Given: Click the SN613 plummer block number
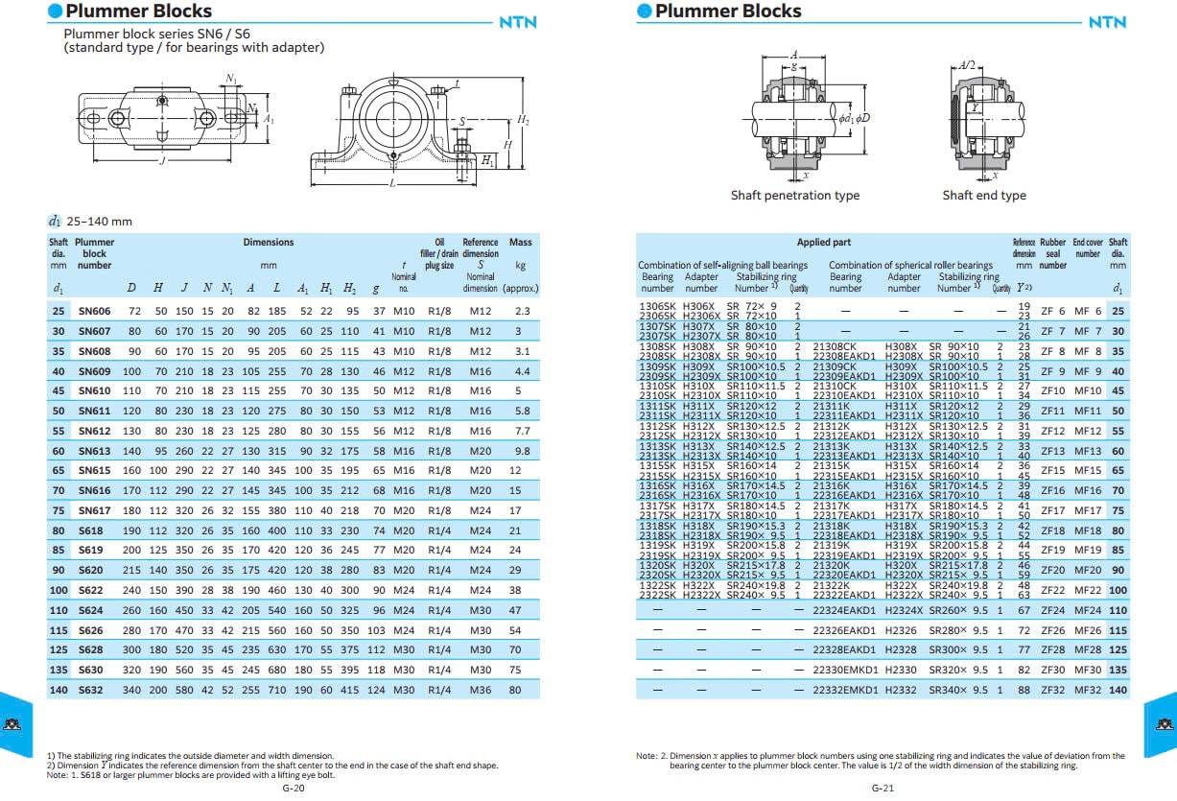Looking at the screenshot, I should click(x=94, y=451).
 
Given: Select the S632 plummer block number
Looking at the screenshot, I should click(x=91, y=690).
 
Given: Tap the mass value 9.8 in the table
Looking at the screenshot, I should click(x=521, y=451).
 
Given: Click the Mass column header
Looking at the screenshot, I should click(x=521, y=243).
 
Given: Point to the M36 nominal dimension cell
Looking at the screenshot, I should click(x=480, y=690).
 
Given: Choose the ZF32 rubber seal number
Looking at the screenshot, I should click(x=1052, y=690).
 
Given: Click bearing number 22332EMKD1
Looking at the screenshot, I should click(x=845, y=690).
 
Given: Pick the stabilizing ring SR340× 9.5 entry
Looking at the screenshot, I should click(x=957, y=690).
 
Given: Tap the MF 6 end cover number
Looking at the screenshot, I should click(x=1087, y=311).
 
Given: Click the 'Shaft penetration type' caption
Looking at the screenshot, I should click(x=795, y=196).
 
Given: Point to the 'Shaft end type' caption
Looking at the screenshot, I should click(x=983, y=196).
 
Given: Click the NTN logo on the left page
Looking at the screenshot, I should click(x=518, y=23).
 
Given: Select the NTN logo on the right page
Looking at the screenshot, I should click(x=1107, y=23).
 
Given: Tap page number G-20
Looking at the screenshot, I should click(x=293, y=789).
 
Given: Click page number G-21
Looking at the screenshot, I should click(x=883, y=789).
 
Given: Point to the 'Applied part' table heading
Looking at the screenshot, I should click(x=823, y=243).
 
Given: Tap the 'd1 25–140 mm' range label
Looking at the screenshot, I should click(x=90, y=222).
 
